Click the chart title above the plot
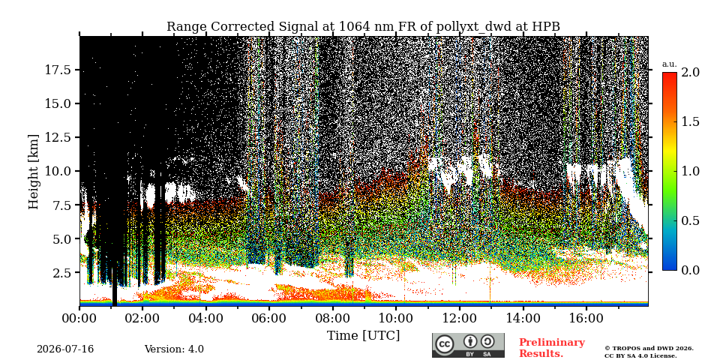pyautogui.click(x=363, y=27)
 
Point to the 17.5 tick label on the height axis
pyautogui.click(x=58, y=70)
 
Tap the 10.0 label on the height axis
pyautogui.click(x=58, y=171)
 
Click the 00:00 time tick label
pyautogui.click(x=79, y=318)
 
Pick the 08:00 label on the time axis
pyautogui.click(x=332, y=318)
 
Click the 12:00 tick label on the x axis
pyautogui.click(x=459, y=318)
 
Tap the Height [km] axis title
pyautogui.click(x=34, y=171)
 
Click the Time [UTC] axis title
pyautogui.click(x=363, y=336)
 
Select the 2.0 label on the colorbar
pyautogui.click(x=690, y=72)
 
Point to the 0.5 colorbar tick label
pyautogui.click(x=690, y=220)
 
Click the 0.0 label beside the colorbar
pyautogui.click(x=690, y=271)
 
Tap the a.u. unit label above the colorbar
pyautogui.click(x=670, y=64)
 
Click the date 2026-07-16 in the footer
pyautogui.click(x=65, y=349)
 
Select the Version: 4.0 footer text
pyautogui.click(x=174, y=349)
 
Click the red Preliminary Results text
pyautogui.click(x=552, y=348)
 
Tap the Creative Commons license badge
pyautogui.click(x=468, y=345)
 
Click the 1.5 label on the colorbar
pyautogui.click(x=690, y=121)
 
